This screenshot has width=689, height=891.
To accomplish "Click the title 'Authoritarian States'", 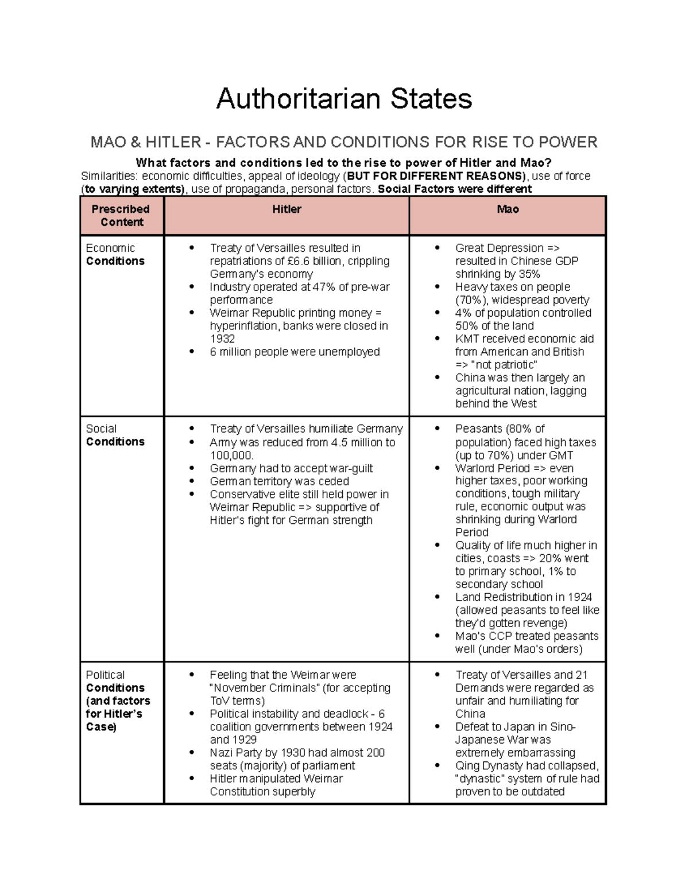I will [344, 99].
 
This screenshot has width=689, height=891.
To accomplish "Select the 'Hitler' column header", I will [287, 209].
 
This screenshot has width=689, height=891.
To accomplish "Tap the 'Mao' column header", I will [508, 209].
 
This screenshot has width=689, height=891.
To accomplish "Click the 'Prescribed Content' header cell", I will [122, 216].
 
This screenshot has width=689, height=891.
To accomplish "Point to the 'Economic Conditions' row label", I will [115, 255].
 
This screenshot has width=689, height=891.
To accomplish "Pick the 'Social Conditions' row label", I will [115, 435].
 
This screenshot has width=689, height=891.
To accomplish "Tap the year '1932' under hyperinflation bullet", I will [222, 338].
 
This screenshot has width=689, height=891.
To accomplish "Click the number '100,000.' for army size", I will [231, 456].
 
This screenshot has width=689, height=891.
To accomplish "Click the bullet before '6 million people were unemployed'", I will [192, 352].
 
